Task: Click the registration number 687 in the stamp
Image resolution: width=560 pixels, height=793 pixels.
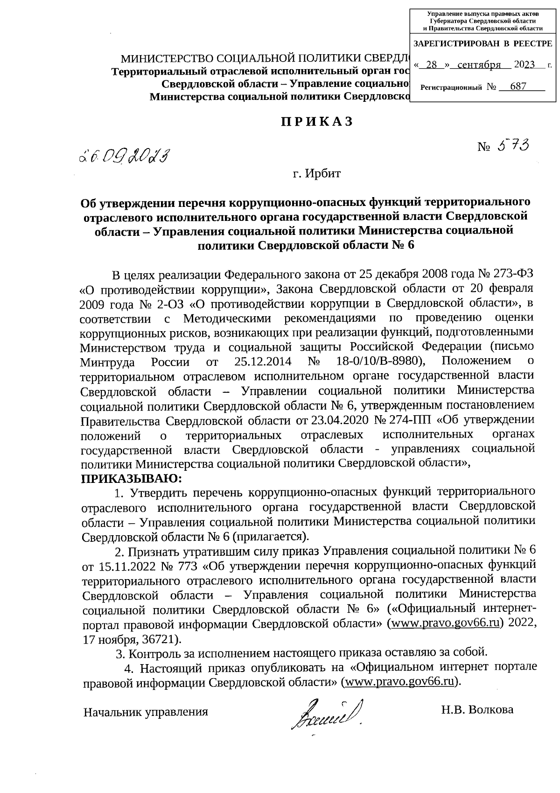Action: [x=518, y=87]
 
